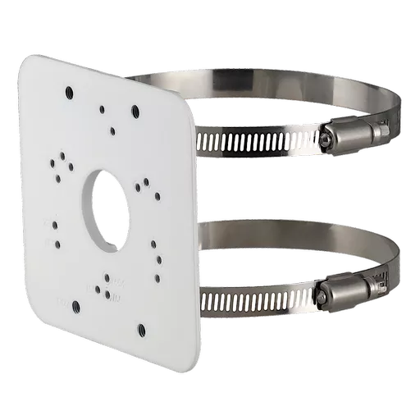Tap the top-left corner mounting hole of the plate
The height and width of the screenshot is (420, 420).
[69, 93]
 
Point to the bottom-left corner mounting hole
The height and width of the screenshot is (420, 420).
[75, 306]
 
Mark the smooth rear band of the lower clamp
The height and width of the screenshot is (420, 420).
[271, 232]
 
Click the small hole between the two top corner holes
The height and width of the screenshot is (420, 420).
[102, 107]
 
